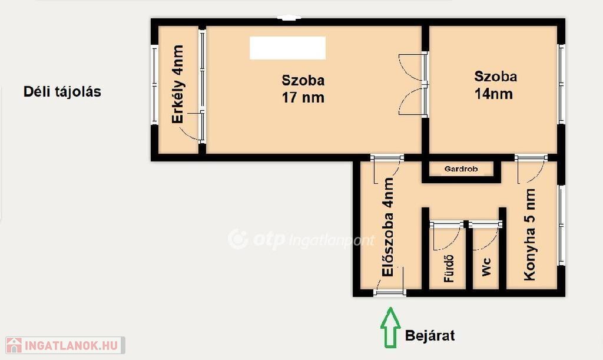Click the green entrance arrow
click(390, 328)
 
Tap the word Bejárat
click(430, 336)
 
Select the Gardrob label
click(460, 169)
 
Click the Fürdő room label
click(449, 269)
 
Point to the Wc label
click(486, 266)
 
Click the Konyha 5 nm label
click(529, 234)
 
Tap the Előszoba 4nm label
click(388, 226)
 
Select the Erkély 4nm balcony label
click(178, 84)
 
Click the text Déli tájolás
click(62, 91)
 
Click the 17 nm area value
click(303, 97)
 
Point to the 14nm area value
click(493, 94)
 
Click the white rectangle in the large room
click(287, 48)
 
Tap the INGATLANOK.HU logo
click(65, 345)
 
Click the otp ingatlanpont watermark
click(301, 239)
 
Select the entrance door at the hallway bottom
click(390, 293)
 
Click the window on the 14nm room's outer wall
click(561, 84)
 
